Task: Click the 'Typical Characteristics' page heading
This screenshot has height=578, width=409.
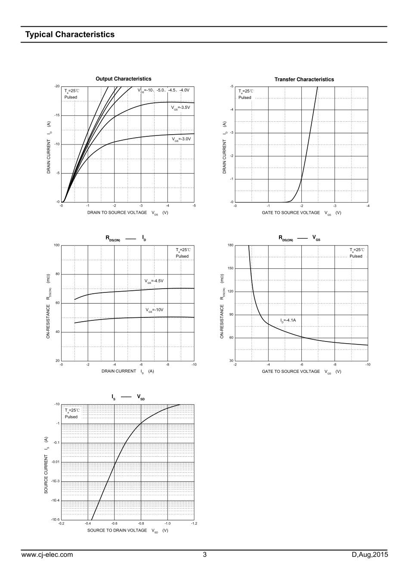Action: click(70, 34)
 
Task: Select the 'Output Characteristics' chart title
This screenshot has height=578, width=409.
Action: click(123, 79)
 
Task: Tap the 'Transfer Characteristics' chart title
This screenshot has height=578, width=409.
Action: click(304, 80)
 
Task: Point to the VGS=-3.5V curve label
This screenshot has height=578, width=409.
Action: click(180, 108)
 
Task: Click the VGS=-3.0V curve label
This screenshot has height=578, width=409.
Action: click(181, 139)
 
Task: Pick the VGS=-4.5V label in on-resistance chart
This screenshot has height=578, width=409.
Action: click(154, 281)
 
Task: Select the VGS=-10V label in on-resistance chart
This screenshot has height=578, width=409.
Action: click(155, 310)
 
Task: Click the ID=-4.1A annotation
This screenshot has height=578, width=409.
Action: click(288, 320)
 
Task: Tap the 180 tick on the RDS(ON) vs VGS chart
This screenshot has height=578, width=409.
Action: click(230, 245)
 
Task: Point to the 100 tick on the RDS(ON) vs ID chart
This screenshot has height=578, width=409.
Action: click(57, 245)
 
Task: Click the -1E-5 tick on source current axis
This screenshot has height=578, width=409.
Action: click(55, 520)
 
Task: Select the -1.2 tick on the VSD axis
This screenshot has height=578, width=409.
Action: click(194, 524)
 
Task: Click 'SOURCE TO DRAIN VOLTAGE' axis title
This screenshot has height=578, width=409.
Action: click(117, 530)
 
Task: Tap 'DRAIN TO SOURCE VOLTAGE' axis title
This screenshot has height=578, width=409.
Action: click(117, 212)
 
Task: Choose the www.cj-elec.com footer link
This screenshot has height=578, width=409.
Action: click(47, 555)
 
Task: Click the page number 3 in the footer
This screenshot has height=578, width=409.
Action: click(204, 555)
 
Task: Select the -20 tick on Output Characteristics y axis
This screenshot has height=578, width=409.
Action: click(57, 86)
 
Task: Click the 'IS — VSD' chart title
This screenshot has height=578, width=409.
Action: click(128, 397)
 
